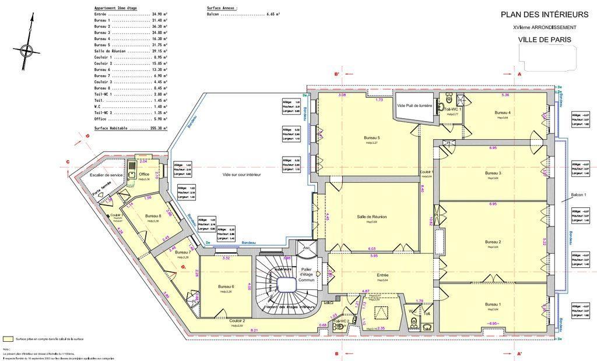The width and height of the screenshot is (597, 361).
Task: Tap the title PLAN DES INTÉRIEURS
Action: pyautogui.click(x=545, y=15)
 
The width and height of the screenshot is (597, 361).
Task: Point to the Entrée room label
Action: pyautogui.click(x=382, y=275)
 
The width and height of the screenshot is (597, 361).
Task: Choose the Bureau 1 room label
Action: pyautogui.click(x=493, y=305)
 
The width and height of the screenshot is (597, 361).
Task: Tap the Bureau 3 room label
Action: pyautogui.click(x=493, y=174)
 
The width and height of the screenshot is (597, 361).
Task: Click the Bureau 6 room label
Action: pyautogui.click(x=226, y=287)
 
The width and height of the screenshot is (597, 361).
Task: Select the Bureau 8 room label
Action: pyautogui.click(x=153, y=217)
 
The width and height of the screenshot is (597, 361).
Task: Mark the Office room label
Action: pyautogui.click(x=145, y=174)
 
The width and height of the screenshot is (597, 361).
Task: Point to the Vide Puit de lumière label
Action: pyautogui.click(x=415, y=105)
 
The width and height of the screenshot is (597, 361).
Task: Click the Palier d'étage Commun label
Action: pyautogui.click(x=307, y=274)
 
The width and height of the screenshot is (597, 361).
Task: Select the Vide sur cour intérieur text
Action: pyautogui.click(x=241, y=175)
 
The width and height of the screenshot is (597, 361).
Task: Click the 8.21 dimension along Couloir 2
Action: pyautogui.click(x=254, y=330)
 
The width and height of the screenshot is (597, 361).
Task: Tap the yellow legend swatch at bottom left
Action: pyautogui.click(x=8, y=338)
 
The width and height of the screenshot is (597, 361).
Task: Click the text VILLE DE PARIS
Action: pyautogui.click(x=545, y=40)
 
